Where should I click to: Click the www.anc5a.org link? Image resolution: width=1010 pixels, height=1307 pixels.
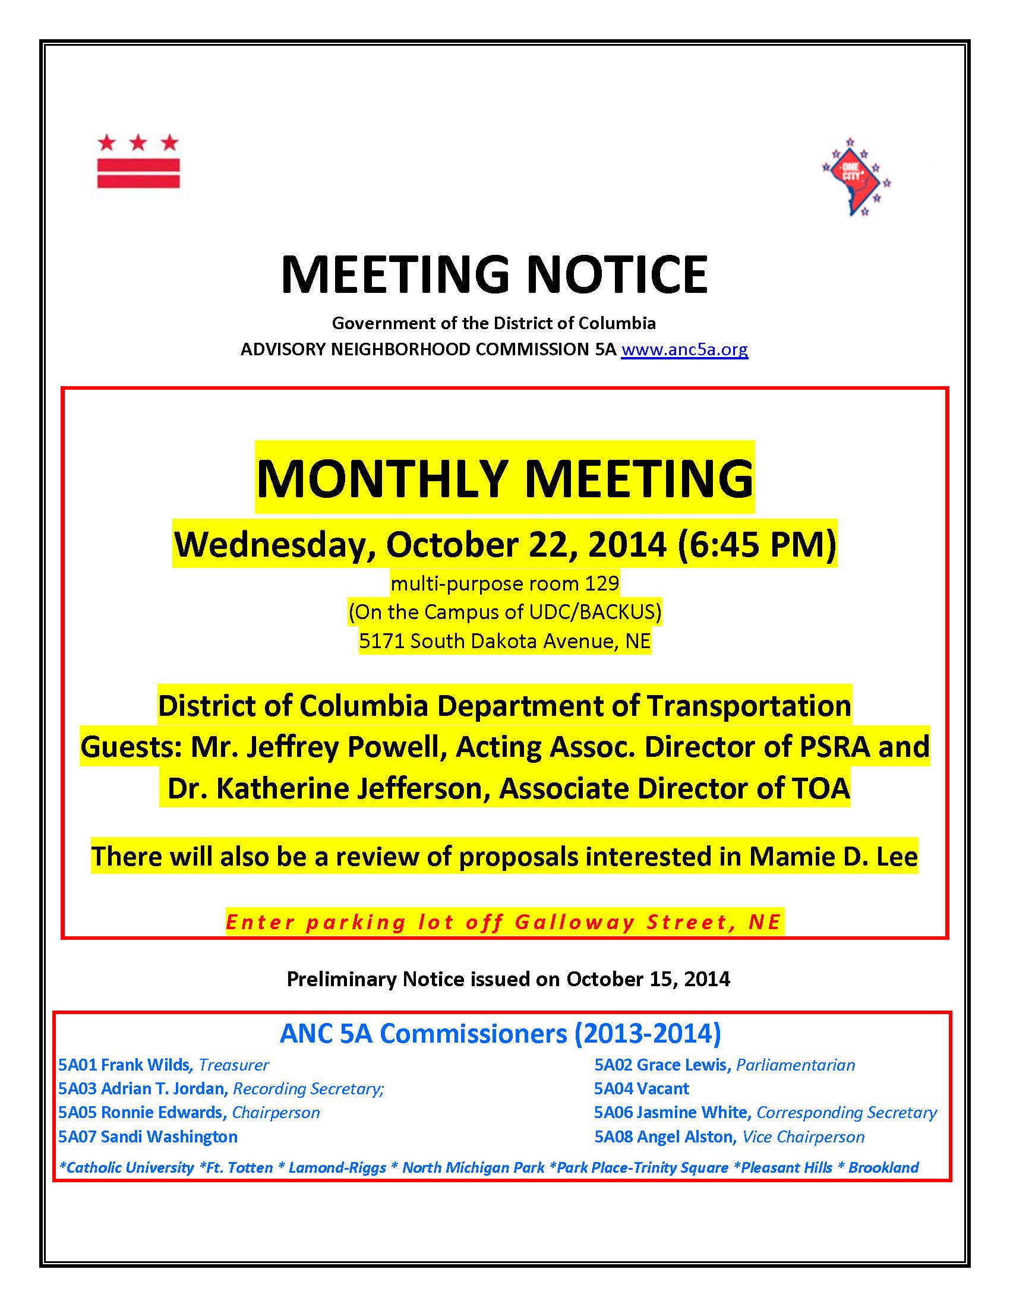(684, 349)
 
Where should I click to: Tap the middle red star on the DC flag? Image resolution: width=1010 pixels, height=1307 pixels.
(138, 143)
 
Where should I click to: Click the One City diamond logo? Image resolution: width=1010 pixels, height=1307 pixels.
(856, 177)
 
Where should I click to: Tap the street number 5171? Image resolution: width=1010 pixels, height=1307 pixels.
(382, 641)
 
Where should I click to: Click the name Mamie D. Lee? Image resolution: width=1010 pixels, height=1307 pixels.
(833, 856)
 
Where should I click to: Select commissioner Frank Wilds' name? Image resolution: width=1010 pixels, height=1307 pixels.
(146, 1065)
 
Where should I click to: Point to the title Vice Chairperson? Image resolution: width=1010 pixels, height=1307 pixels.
(803, 1136)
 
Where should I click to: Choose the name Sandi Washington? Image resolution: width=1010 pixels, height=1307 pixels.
(169, 1136)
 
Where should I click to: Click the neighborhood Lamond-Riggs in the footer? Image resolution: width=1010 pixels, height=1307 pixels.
(337, 1167)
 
